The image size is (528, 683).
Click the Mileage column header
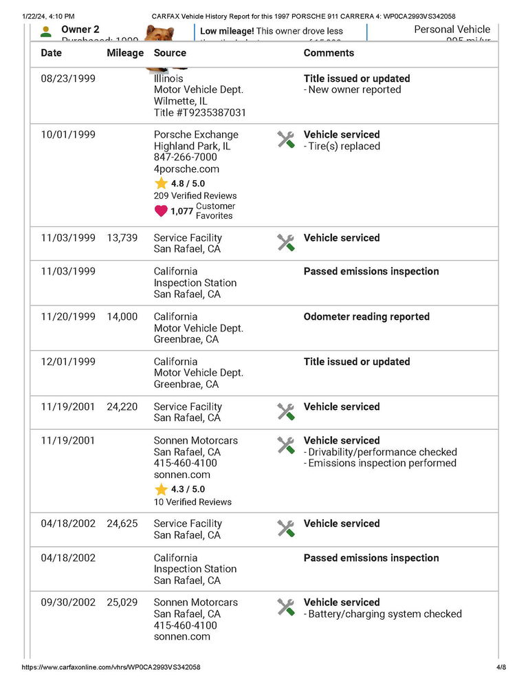(x=125, y=53)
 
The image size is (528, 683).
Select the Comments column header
(x=329, y=53)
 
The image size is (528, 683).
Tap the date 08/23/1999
(x=68, y=78)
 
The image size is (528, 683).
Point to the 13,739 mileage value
(x=122, y=238)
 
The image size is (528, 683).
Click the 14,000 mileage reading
(x=122, y=317)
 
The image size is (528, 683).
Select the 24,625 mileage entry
(x=122, y=523)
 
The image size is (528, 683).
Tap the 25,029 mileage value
(x=122, y=603)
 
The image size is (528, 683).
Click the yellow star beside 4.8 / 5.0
(x=161, y=184)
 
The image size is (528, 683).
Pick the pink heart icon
(x=161, y=211)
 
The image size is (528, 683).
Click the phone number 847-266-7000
(x=186, y=158)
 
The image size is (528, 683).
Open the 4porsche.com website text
(x=186, y=169)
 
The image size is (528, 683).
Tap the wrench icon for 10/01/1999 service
(x=286, y=140)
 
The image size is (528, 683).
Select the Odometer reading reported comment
(x=366, y=317)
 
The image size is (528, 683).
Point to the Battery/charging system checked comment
(x=384, y=614)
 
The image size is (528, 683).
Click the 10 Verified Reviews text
(x=192, y=502)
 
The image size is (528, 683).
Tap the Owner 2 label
(x=80, y=30)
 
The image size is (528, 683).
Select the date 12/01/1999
(x=68, y=362)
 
